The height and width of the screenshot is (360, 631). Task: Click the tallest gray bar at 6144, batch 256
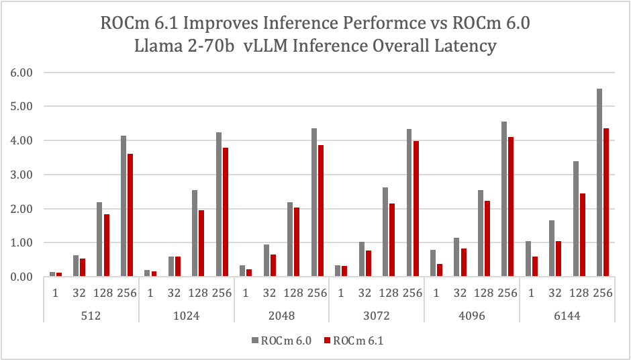tap(599, 183)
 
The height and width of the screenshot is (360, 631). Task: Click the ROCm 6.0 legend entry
tap(285, 341)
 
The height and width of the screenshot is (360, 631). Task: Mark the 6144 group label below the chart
tap(567, 316)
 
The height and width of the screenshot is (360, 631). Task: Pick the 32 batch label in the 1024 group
tap(174, 293)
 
